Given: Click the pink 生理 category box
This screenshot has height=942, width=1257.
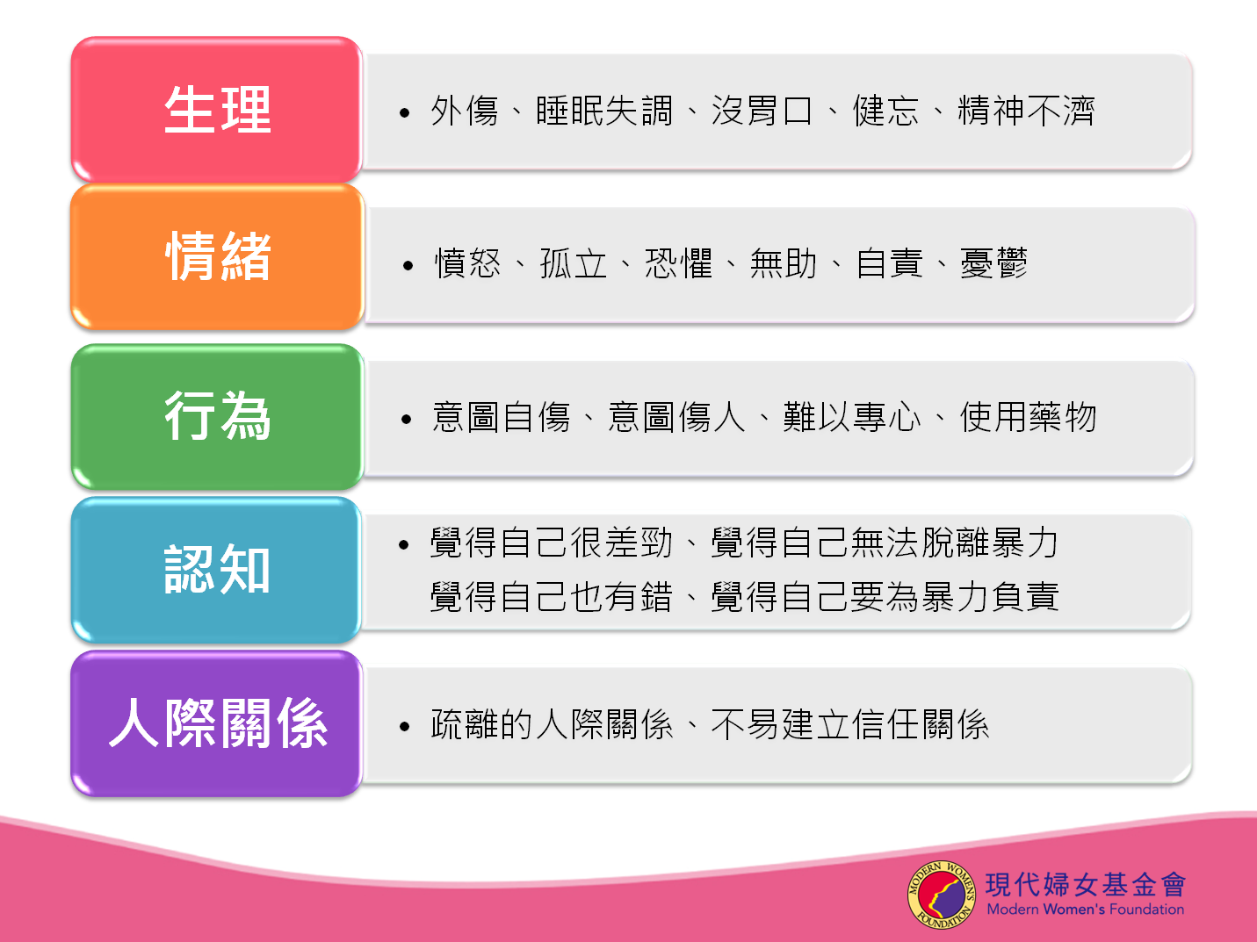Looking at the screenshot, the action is (216, 110).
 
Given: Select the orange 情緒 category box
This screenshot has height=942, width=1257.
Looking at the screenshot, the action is (217, 256).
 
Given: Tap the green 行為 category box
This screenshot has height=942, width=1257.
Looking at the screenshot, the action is (217, 416).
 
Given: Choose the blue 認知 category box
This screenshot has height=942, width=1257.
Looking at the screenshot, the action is (216, 570).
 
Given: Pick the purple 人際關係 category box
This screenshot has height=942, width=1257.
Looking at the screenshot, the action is (216, 723).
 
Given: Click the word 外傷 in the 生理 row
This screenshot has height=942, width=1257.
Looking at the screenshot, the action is (465, 111).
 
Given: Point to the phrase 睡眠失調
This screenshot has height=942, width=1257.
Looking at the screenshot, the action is (604, 111).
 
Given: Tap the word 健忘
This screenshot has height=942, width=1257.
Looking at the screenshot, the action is (885, 111).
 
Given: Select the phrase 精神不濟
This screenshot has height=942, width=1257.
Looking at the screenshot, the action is (1026, 111).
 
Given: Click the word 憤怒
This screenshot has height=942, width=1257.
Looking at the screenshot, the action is (467, 263).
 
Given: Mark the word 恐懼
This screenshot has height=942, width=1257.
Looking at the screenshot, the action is (679, 263).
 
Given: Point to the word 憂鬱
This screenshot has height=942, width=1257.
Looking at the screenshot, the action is (993, 263).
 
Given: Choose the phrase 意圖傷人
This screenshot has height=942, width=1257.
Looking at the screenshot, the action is (676, 417).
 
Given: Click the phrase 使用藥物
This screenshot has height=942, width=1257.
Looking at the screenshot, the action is (1028, 417).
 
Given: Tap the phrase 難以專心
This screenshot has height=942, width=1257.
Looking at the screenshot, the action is (851, 417).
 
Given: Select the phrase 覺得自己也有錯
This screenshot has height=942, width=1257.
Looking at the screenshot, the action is (551, 597).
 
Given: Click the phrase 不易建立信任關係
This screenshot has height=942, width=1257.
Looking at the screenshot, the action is (849, 724).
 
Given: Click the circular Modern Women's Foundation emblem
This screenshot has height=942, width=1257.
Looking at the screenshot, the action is (942, 895).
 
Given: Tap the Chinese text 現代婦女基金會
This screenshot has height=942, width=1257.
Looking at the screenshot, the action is (1085, 885).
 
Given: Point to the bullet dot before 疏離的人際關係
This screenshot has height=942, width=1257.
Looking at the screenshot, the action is (405, 727).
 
